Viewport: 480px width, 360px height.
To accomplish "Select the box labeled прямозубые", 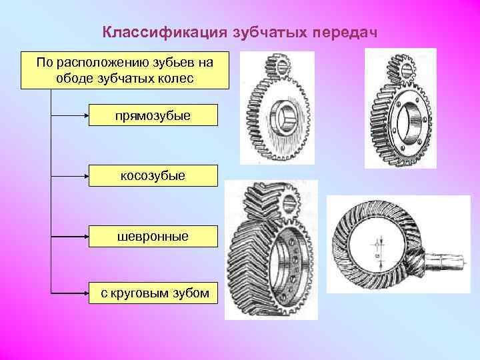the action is [x=154, y=115].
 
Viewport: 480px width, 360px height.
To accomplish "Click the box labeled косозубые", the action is [x=153, y=175].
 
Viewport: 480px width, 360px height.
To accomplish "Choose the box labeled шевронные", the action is [x=153, y=236].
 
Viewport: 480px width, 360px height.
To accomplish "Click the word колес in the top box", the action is [x=177, y=79].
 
